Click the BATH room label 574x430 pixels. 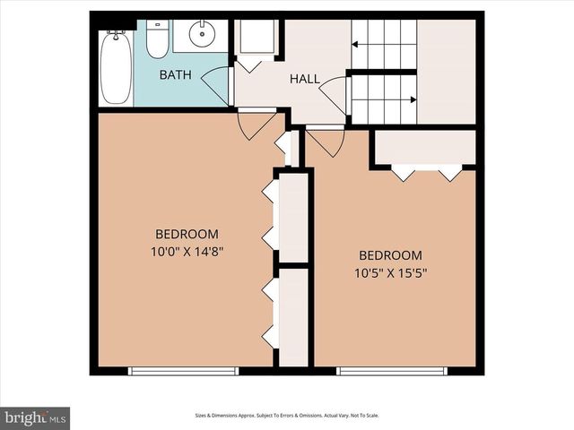[174, 74]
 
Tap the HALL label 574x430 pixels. [304, 80]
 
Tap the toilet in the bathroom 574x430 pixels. [158, 39]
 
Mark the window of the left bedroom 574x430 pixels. [183, 370]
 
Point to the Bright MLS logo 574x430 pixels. [36, 417]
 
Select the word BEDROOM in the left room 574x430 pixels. [184, 235]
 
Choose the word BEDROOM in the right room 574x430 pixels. [390, 255]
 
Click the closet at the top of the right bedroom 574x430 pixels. [424, 148]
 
